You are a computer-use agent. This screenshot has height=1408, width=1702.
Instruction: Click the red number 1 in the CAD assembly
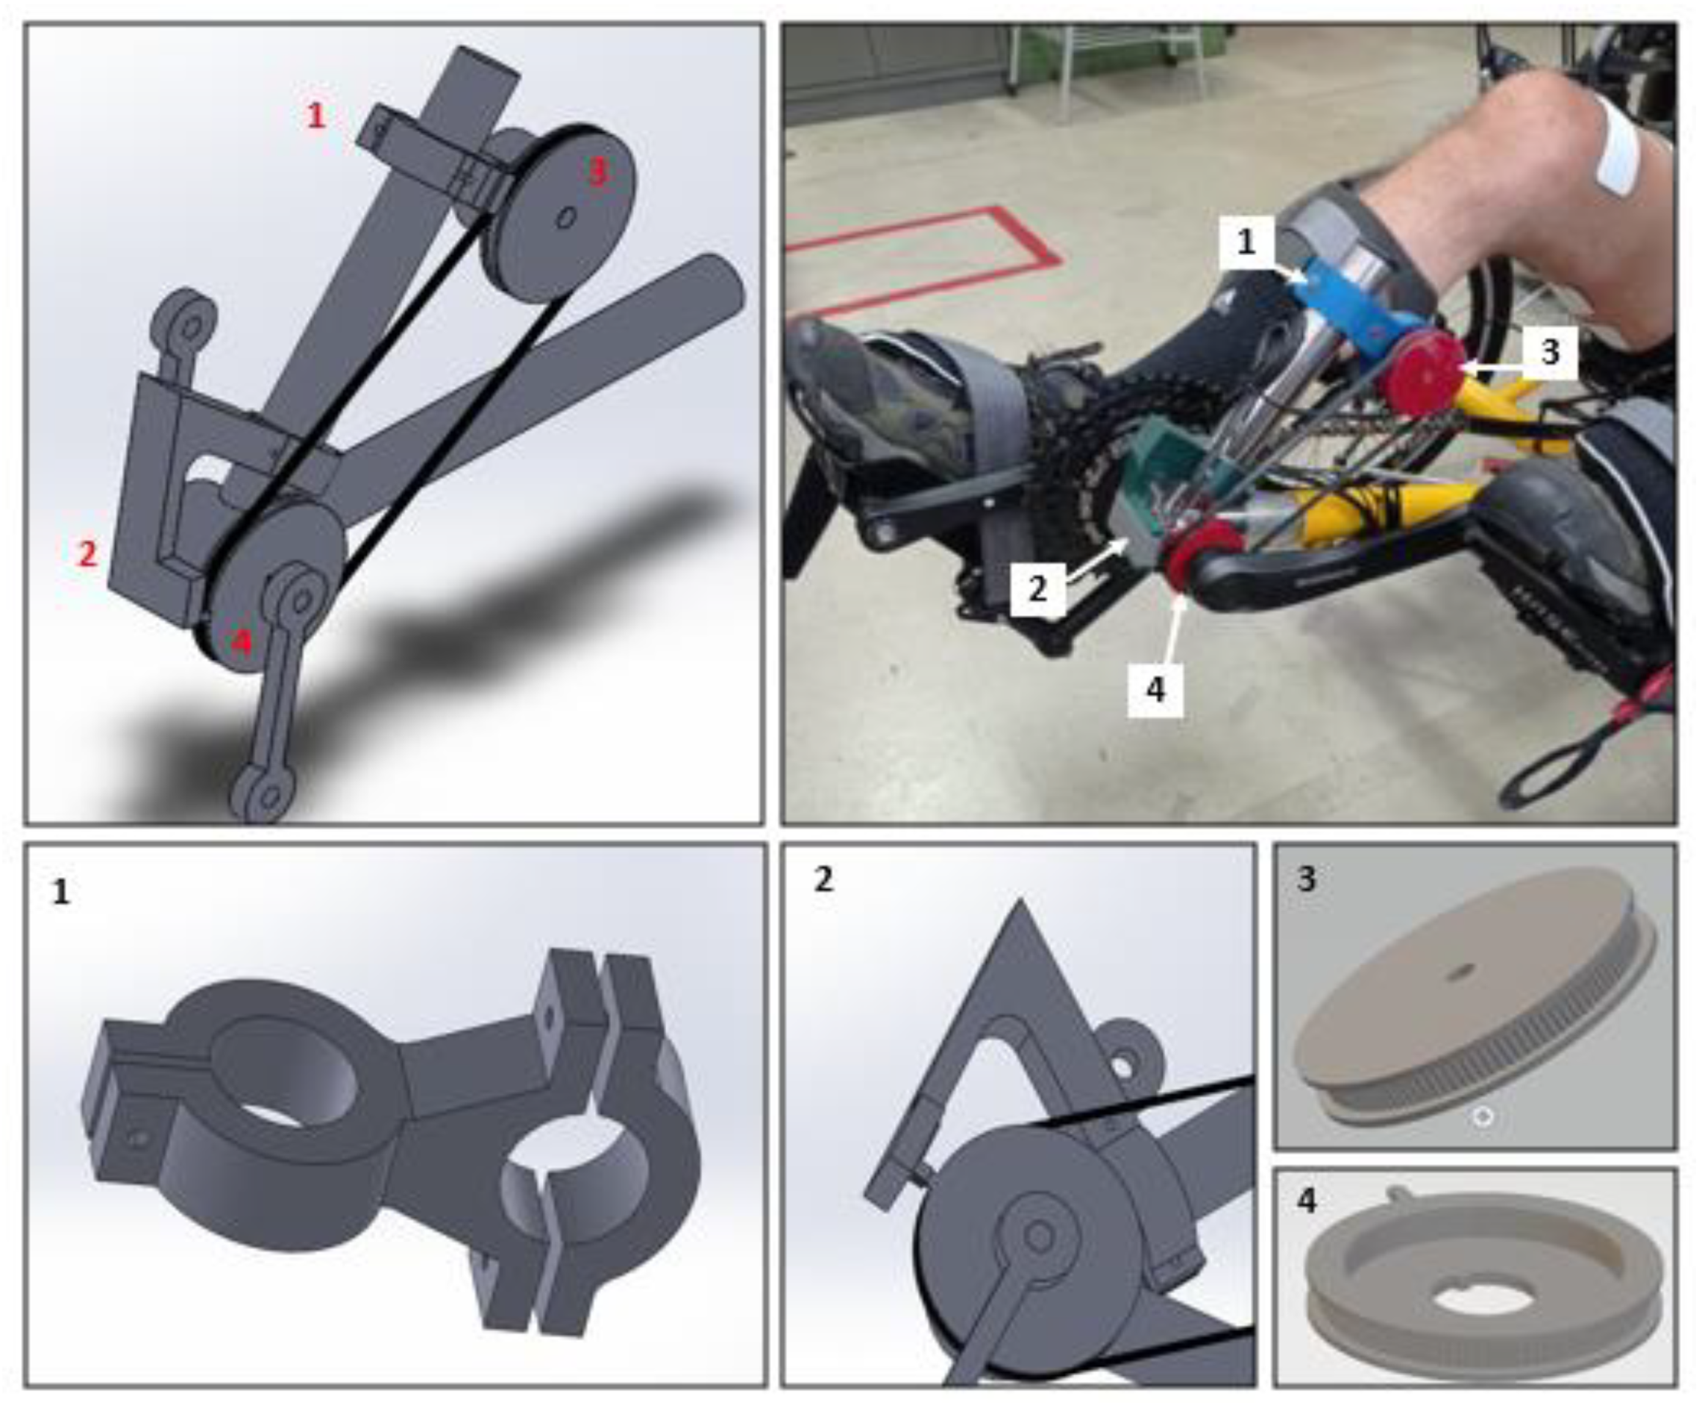point(316,116)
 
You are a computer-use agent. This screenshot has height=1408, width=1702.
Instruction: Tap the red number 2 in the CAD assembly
point(87,554)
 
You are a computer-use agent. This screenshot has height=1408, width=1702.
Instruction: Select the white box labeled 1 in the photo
point(1246,241)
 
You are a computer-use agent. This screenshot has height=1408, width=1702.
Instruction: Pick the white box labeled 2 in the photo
point(1037,589)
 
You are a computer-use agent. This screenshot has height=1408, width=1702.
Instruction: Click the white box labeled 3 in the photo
point(1549,351)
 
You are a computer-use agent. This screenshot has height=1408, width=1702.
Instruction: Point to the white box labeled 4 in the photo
point(1155,689)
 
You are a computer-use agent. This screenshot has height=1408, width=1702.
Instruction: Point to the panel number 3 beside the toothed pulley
point(1307,880)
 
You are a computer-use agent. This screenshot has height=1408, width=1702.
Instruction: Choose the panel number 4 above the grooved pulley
point(1307,1200)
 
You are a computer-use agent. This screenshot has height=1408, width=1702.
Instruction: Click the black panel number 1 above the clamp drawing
point(61,892)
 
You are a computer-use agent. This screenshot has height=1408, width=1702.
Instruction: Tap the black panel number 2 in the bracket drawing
point(823,880)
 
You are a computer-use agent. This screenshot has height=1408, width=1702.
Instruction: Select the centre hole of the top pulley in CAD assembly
point(568,217)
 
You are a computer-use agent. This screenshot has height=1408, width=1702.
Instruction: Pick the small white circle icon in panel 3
point(1483,1117)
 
